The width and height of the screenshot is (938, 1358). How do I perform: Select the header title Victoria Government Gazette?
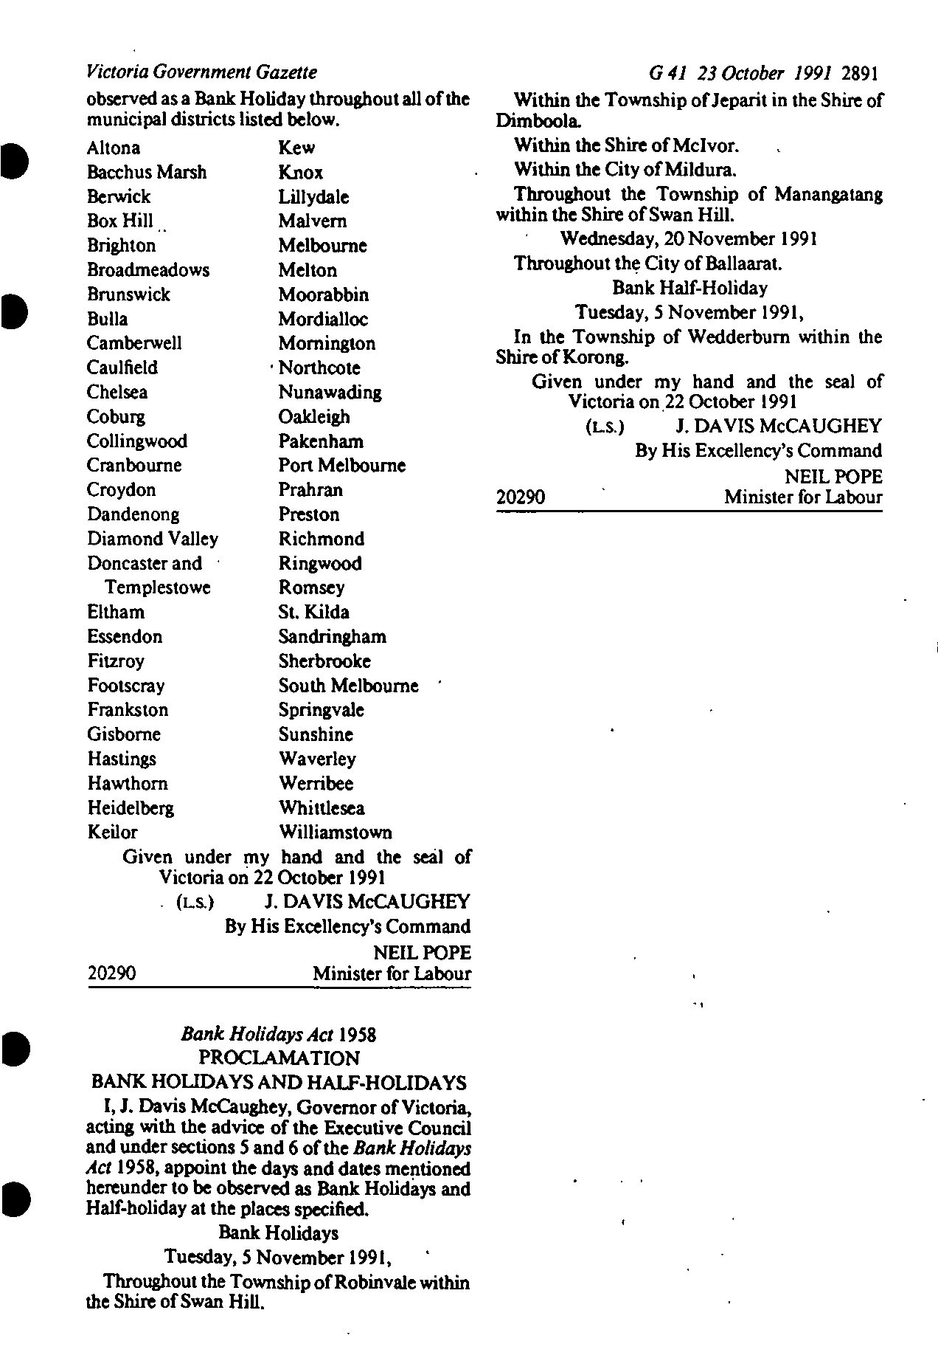(201, 72)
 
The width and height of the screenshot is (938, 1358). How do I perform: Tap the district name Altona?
(114, 148)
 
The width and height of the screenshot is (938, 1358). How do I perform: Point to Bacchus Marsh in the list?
(147, 172)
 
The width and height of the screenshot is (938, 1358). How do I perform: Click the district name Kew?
(296, 148)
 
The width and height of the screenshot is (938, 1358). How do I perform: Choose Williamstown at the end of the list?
(336, 832)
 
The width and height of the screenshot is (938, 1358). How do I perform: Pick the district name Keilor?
(112, 832)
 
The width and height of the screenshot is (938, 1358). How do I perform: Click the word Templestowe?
(158, 587)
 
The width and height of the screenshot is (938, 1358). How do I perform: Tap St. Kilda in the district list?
(313, 612)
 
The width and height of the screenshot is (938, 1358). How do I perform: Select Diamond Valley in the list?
(153, 539)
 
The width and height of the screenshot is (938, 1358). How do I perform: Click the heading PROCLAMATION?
(279, 1058)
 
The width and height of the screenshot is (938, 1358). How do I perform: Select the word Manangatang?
(828, 195)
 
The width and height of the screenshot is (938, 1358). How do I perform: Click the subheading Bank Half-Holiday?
(689, 288)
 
